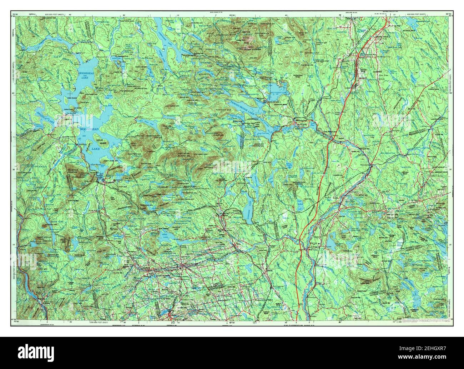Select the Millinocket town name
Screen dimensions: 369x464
point(302,120)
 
